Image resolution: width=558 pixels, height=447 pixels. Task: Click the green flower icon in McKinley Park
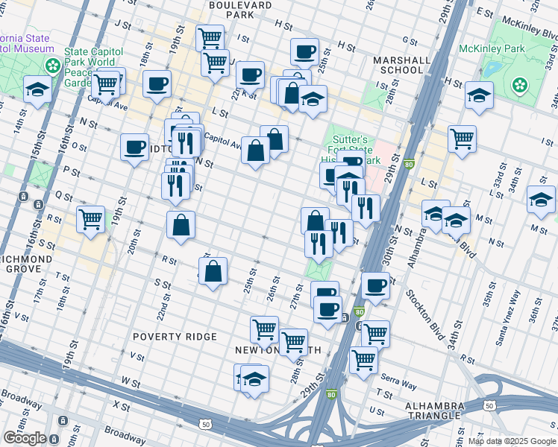click(x=519, y=86)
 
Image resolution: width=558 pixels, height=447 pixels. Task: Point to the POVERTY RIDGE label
click(x=175, y=337)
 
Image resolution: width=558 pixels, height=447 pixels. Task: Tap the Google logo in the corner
click(x=24, y=438)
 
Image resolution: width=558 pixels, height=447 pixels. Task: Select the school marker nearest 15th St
click(x=37, y=90)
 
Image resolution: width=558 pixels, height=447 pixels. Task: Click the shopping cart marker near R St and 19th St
click(x=90, y=220)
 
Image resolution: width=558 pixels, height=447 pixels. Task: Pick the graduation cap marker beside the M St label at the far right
click(x=541, y=199)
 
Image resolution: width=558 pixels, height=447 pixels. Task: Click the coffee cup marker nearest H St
click(x=304, y=52)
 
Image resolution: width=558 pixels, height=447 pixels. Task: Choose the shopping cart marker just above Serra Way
click(x=363, y=360)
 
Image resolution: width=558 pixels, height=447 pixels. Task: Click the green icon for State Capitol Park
click(x=53, y=65)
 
